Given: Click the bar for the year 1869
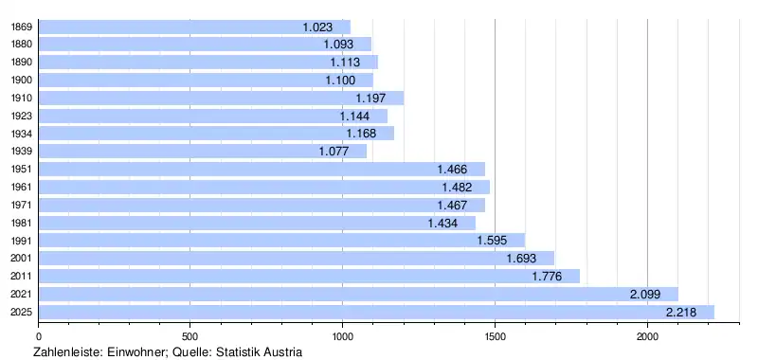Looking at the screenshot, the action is (194, 27).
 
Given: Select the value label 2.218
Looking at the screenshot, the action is (681, 313).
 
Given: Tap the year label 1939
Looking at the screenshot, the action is (21, 152).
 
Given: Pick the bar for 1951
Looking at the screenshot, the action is (262, 170).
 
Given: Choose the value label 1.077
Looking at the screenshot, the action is (334, 152).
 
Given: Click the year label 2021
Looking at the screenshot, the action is (21, 295).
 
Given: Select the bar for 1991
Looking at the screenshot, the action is (281, 241).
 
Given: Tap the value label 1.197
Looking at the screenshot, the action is (370, 99).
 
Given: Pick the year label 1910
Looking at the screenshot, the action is (21, 99).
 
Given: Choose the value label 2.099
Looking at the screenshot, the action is (645, 294).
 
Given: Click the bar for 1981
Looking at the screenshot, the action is (257, 223).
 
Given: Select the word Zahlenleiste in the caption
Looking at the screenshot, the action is (68, 351).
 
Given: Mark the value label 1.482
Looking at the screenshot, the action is (457, 187).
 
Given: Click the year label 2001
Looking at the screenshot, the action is (21, 259).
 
